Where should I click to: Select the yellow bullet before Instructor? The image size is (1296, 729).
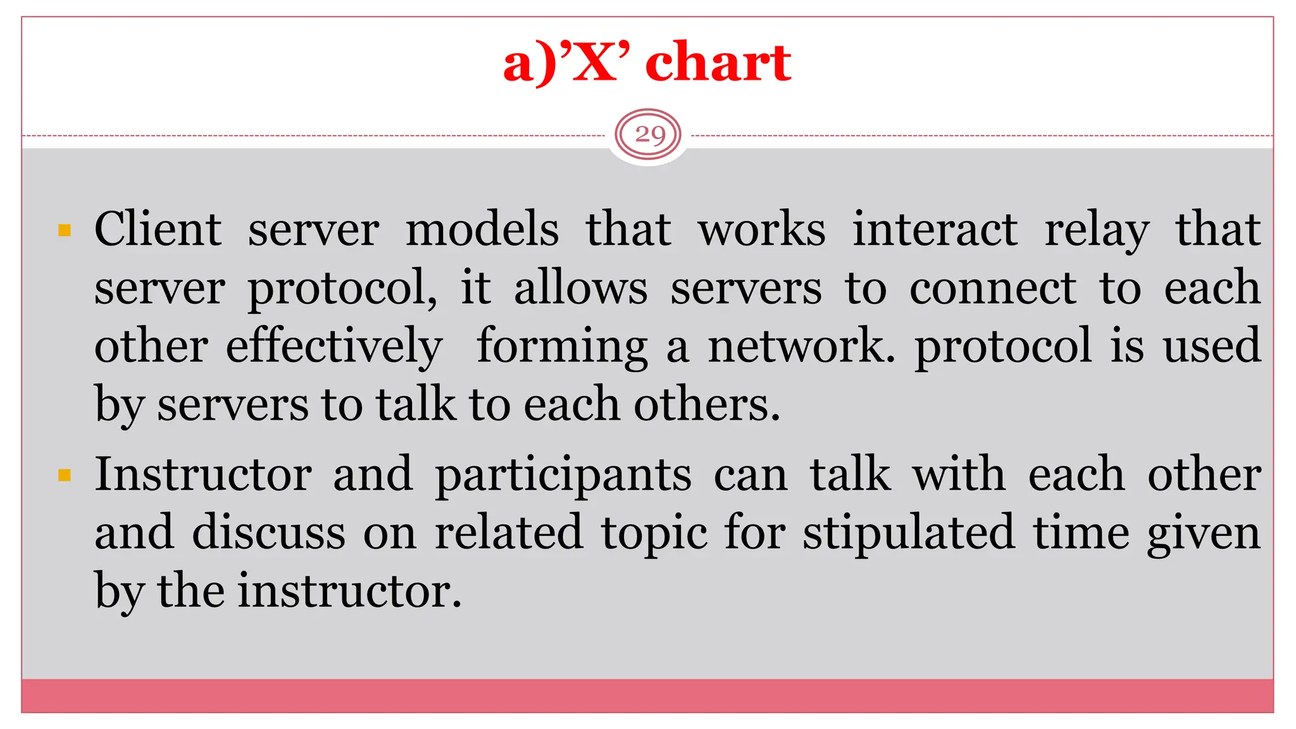pos(64,475)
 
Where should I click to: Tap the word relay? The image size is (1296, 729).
pos(1096,230)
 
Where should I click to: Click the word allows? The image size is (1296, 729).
pos(580,288)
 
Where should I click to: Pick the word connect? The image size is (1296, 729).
pos(992,288)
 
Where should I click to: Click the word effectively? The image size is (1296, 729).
pos(334,347)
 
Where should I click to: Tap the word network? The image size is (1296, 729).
pos(801,347)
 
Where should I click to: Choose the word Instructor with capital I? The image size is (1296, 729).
pos(203,475)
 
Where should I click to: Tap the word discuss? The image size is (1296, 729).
pos(269,533)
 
